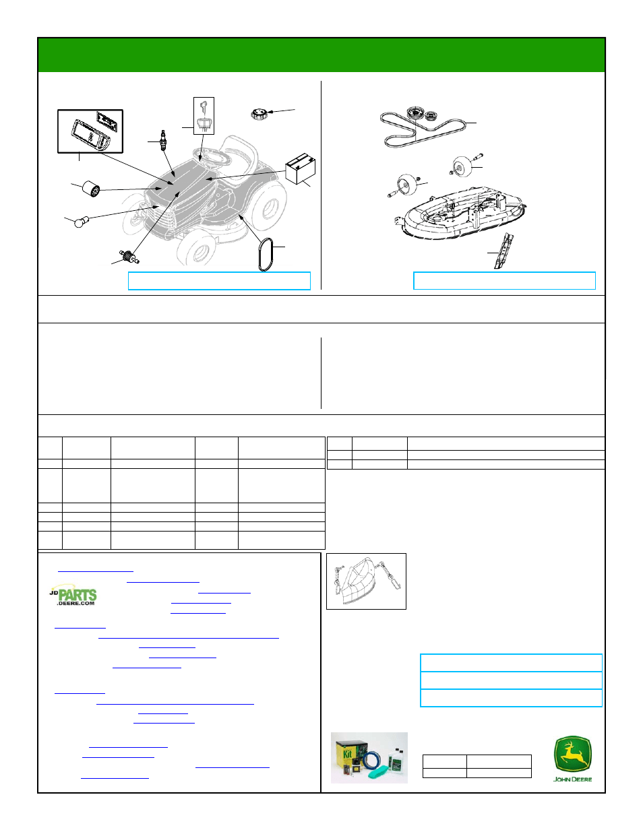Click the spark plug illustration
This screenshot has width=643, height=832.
(164, 140)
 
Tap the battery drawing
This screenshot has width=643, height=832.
(301, 169)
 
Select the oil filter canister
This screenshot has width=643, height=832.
(91, 189)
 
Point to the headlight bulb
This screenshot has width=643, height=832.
(82, 222)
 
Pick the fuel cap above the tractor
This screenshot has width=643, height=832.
(259, 114)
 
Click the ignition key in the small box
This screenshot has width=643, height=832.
(204, 107)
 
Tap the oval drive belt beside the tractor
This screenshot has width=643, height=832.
(266, 254)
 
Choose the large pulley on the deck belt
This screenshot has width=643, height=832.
(415, 114)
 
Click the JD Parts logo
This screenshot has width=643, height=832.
(73, 595)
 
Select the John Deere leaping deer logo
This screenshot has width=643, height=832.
(572, 759)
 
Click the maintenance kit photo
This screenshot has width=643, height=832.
(369, 758)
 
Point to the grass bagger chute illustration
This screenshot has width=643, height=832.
(366, 581)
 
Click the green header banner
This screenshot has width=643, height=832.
(321, 55)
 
